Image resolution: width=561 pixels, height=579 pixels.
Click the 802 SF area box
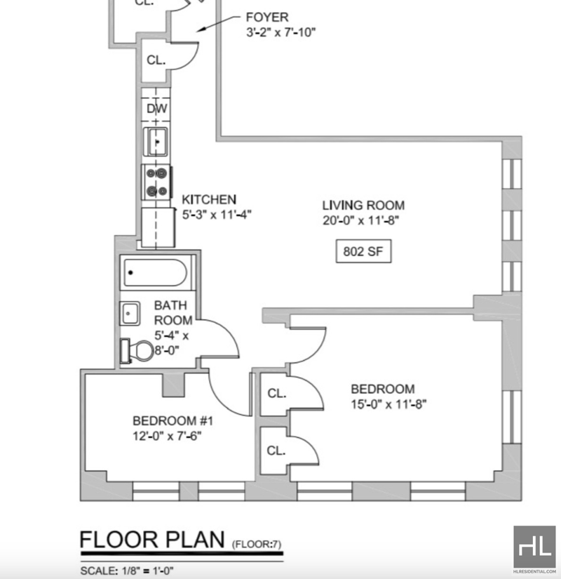coord(363,251)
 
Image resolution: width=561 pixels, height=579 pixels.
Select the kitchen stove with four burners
coord(156,182)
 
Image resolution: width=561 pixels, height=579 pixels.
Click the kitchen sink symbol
coord(156,142)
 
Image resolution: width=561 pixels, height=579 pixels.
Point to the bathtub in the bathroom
coord(155,272)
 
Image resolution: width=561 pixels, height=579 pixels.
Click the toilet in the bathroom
coord(137,350)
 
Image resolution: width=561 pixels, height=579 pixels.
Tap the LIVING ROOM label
coord(363,206)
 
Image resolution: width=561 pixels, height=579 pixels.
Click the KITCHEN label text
coord(209,199)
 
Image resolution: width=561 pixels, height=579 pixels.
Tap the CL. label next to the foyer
coord(156,60)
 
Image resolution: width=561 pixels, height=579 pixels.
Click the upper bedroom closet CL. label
coord(277,394)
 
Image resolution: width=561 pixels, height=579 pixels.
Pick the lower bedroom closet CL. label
coord(277,451)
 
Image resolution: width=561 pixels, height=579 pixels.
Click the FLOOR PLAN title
coord(152,540)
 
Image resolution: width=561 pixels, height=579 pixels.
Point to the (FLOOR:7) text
coord(257,543)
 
